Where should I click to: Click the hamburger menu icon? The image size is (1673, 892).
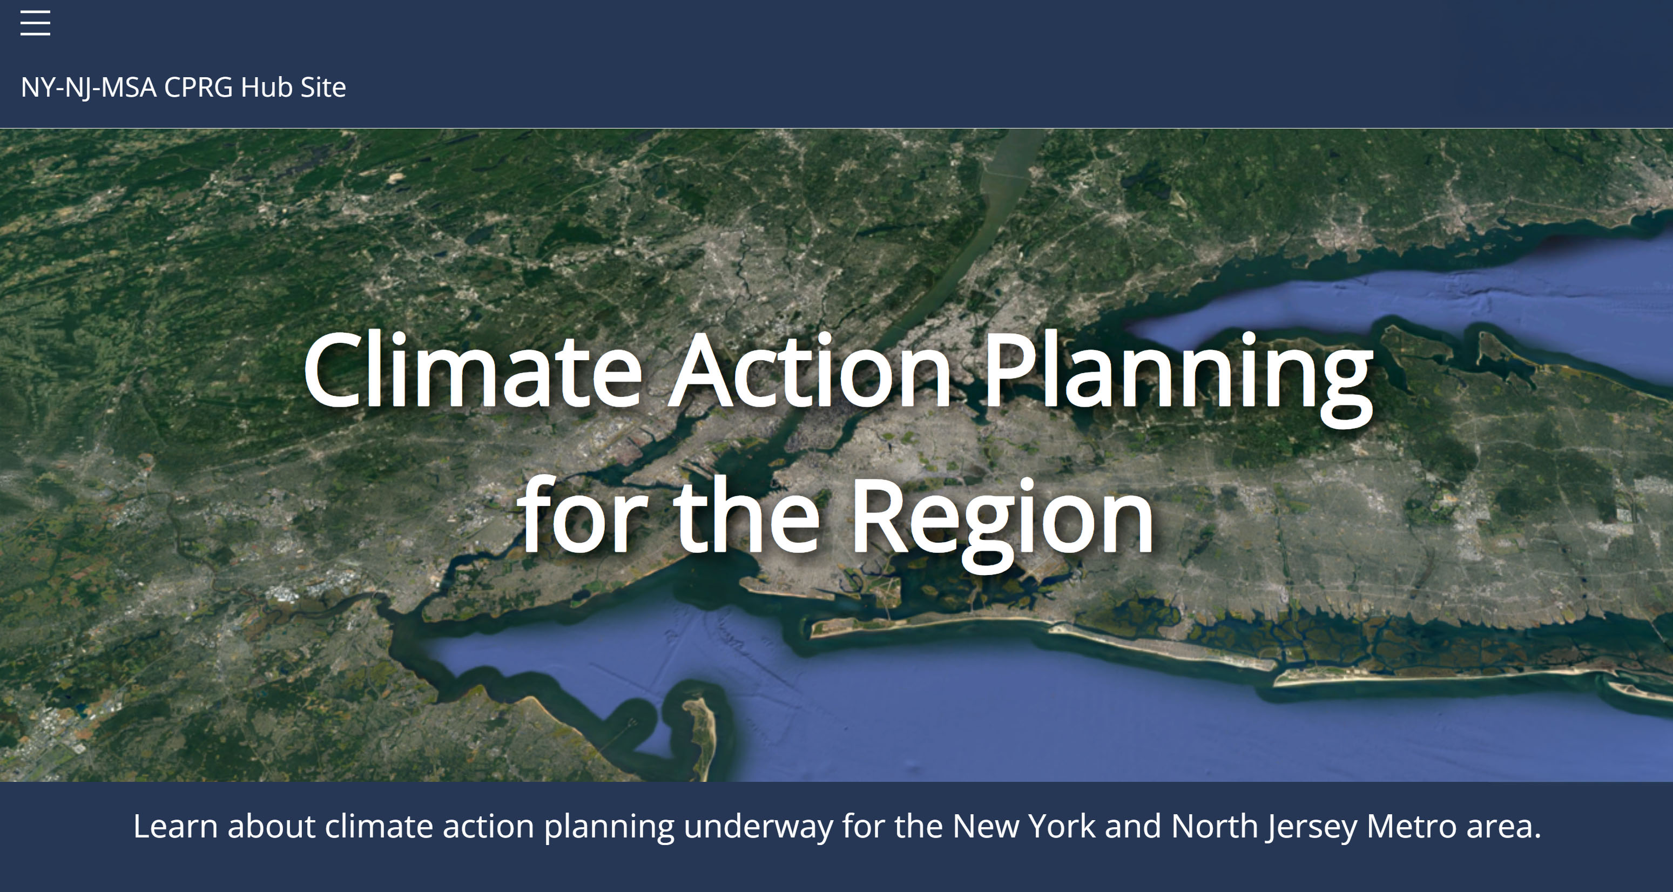coord(35,23)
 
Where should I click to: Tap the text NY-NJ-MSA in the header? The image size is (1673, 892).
coord(89,87)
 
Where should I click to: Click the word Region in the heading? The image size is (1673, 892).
coord(1002,523)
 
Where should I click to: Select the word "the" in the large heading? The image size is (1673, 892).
coord(747,516)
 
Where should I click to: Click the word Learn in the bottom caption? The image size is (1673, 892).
coord(176,827)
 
